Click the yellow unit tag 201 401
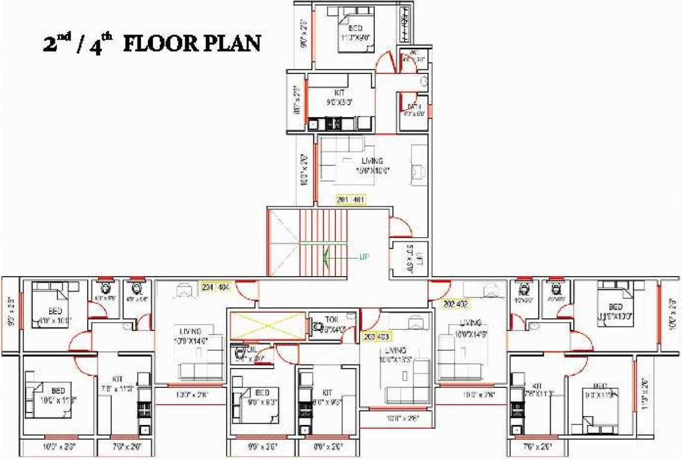(351, 200)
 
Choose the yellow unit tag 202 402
(455, 303)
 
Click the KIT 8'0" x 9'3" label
(327, 397)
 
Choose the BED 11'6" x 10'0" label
(615, 311)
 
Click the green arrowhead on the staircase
(326, 257)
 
